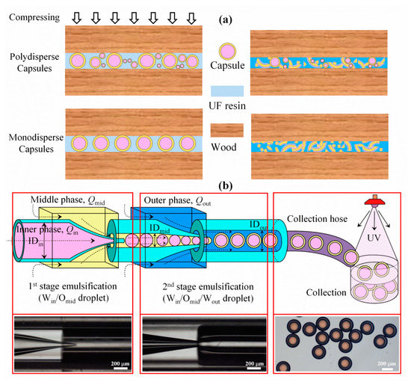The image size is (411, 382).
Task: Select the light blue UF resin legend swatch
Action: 225,93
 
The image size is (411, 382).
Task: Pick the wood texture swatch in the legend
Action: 225,134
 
